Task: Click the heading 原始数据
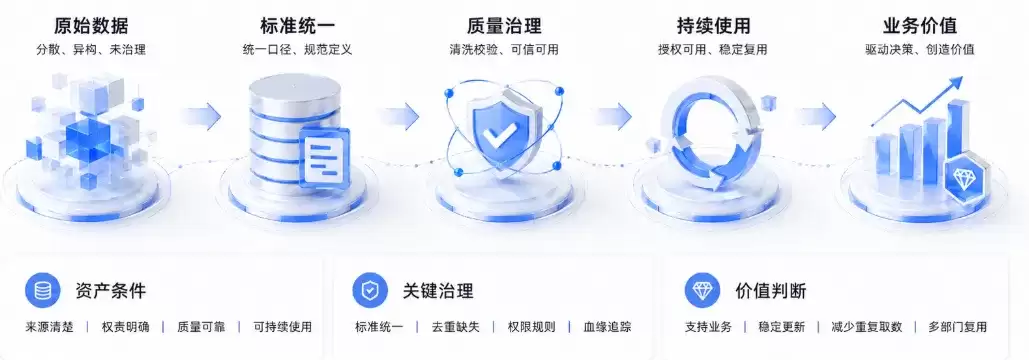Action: click(x=91, y=26)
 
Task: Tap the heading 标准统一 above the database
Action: click(x=297, y=26)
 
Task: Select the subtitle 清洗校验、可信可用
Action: click(x=504, y=50)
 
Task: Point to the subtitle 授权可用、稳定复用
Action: click(x=713, y=50)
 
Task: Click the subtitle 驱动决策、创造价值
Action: click(x=919, y=50)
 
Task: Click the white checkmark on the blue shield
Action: click(x=499, y=135)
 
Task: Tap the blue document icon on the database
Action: click(x=324, y=155)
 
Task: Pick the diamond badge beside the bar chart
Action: click(x=964, y=179)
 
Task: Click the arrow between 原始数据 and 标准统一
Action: click(x=201, y=116)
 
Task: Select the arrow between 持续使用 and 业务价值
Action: click(x=816, y=116)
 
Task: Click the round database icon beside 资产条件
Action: click(x=43, y=290)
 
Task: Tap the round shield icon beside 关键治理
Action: click(x=370, y=290)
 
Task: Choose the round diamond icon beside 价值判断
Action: click(x=702, y=290)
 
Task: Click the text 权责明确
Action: click(x=125, y=327)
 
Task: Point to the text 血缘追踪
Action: click(x=608, y=327)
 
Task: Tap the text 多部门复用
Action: click(x=957, y=327)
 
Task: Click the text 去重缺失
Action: click(x=455, y=327)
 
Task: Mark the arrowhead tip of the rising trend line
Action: click(x=962, y=77)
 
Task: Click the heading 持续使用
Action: click(x=713, y=26)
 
